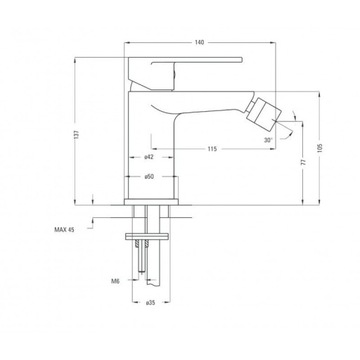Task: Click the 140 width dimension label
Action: click(x=199, y=42)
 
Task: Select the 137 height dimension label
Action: click(x=77, y=134)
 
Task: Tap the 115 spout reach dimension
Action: click(x=212, y=149)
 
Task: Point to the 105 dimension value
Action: click(x=320, y=148)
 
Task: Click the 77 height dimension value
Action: click(x=303, y=162)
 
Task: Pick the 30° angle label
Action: click(x=268, y=140)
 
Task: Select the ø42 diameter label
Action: click(x=149, y=157)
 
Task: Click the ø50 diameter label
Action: click(x=149, y=177)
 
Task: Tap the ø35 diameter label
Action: click(x=150, y=303)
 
